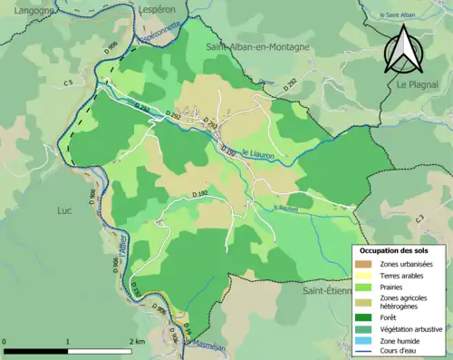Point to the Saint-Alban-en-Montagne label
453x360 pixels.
tap(257, 46)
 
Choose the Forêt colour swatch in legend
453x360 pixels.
tap(366, 316)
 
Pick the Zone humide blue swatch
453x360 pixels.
tap(366, 342)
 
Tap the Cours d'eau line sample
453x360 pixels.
tap(366, 353)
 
